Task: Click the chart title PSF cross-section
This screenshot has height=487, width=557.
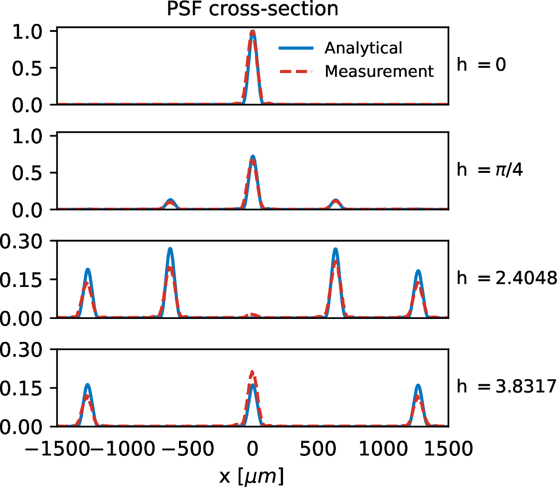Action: click(252, 10)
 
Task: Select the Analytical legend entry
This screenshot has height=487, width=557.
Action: click(363, 48)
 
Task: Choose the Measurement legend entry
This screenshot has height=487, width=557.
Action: click(379, 71)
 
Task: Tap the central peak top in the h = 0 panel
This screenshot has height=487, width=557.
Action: click(252, 32)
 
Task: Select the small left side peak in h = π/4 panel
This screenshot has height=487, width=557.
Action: click(170, 201)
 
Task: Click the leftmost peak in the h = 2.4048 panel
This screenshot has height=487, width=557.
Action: click(88, 271)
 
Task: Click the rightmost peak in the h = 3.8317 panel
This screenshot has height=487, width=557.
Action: click(419, 386)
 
